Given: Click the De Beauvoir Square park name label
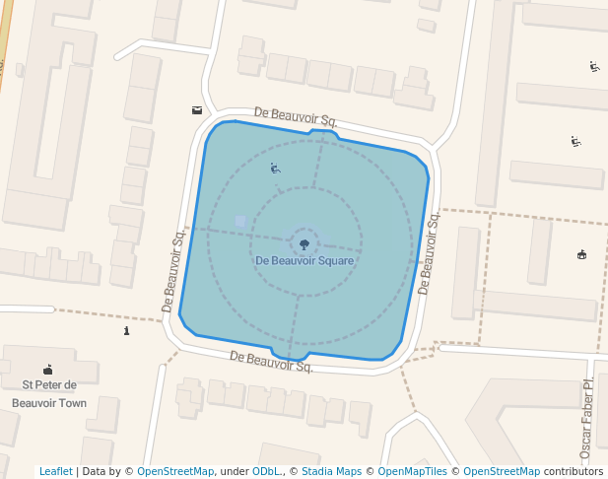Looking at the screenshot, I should pos(304,261).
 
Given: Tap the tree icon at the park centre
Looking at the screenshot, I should pos(304,241).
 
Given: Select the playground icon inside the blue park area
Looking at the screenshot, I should pos(275,169).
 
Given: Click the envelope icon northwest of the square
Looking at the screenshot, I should pos(197,110).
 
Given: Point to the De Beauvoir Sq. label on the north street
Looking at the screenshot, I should pos(296,117).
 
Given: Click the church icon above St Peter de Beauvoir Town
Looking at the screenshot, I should pos(48,370).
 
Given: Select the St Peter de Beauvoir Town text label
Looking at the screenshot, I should pos(48,393).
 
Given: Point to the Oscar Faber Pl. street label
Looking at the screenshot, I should pos(587,418).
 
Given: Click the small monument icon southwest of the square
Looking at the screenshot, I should pos(126,331).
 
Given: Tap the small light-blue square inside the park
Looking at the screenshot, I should pos(240,221).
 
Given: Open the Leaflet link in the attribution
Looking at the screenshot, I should pos(55,471).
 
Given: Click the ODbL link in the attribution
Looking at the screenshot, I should pos(265,471).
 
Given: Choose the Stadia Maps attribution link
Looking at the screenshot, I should pos(331,471).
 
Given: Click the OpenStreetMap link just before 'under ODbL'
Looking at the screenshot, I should pos(175,471).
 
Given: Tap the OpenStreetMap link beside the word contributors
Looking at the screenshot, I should pos(502,471).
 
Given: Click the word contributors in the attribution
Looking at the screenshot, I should pos(574,471).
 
